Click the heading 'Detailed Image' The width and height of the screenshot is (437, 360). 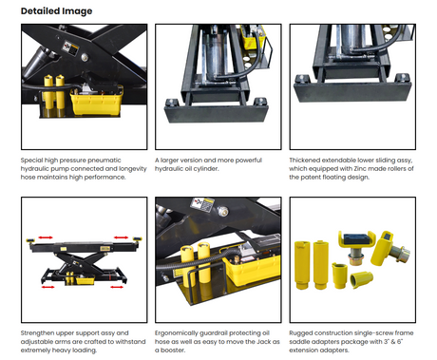(x=56, y=11)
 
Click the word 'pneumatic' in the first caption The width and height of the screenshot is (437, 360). (x=104, y=161)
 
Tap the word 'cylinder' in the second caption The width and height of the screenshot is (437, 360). (x=206, y=169)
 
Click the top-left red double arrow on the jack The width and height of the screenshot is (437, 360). (x=46, y=237)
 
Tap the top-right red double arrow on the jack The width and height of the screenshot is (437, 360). (x=121, y=237)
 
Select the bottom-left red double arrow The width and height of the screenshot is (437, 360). (x=47, y=287)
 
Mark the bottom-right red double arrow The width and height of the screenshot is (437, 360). (x=117, y=287)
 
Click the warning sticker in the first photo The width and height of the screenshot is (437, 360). (x=70, y=48)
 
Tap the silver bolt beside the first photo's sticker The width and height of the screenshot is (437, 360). (x=85, y=57)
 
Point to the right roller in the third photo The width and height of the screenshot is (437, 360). (x=402, y=78)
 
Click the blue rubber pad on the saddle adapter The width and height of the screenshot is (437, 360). (x=356, y=238)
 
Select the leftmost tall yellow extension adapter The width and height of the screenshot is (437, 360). (x=302, y=265)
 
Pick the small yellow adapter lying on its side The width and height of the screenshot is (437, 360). (x=361, y=279)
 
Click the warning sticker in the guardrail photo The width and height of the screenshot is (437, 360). (x=203, y=205)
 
